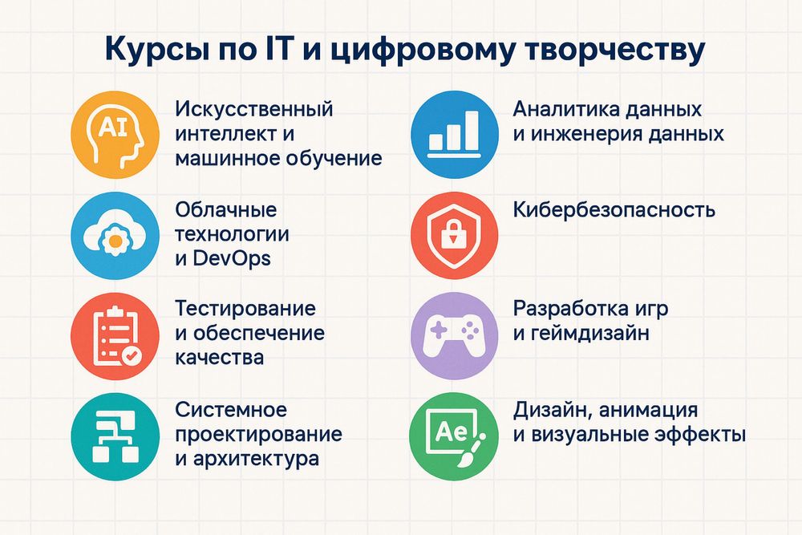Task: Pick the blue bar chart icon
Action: pyautogui.click(x=454, y=132)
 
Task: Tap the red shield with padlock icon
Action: pyautogui.click(x=454, y=234)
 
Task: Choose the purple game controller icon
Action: pyautogui.click(x=454, y=336)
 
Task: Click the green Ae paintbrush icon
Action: pyautogui.click(x=454, y=439)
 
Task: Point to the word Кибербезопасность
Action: pyautogui.click(x=614, y=210)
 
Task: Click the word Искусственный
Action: pyautogui.click(x=253, y=108)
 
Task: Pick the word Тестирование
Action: pyautogui.click(x=245, y=309)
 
